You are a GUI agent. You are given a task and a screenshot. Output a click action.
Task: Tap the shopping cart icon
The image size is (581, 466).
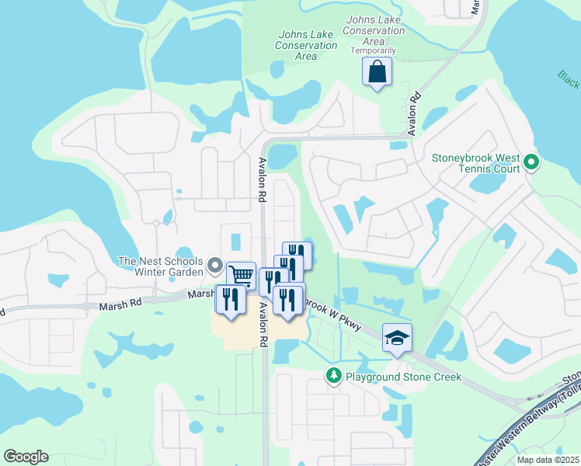tap(242, 275)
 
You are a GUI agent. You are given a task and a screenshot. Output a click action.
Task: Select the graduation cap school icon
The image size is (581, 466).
tap(397, 338)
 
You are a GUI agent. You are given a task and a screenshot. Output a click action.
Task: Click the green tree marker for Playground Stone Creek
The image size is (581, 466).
tap(334, 377)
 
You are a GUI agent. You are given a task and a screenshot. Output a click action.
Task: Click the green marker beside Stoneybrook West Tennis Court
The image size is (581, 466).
tap(531, 162)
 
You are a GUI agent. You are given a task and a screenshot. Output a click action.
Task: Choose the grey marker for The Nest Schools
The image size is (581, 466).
tap(215, 266)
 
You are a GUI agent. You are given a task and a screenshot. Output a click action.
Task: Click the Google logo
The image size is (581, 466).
tap(26, 457)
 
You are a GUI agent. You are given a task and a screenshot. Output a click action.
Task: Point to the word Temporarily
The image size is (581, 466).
tap(373, 50)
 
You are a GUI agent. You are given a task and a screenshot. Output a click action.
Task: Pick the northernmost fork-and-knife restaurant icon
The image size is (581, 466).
tap(297, 255)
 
